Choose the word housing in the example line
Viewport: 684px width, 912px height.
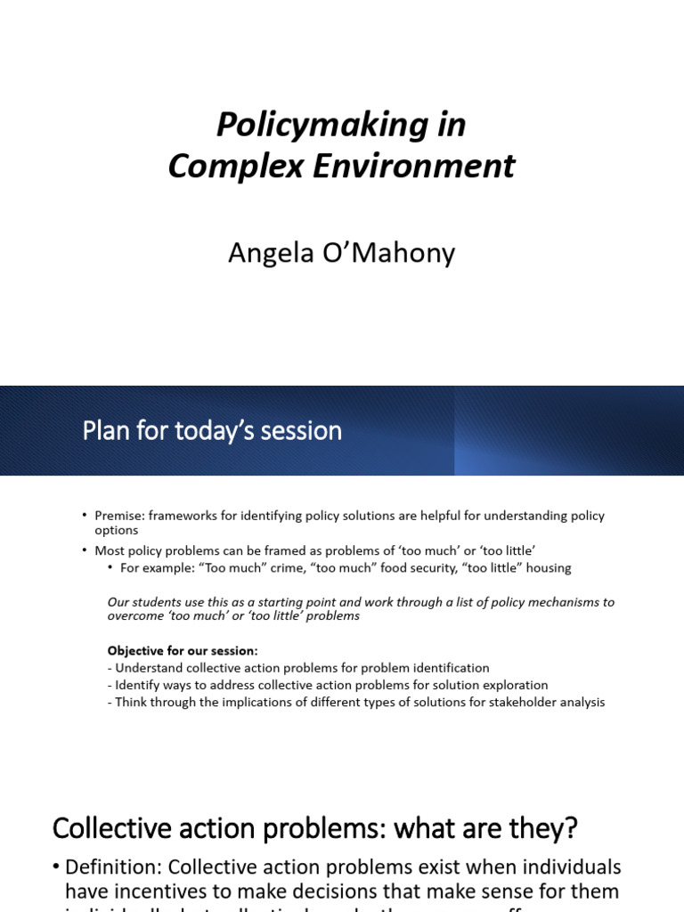543,567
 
